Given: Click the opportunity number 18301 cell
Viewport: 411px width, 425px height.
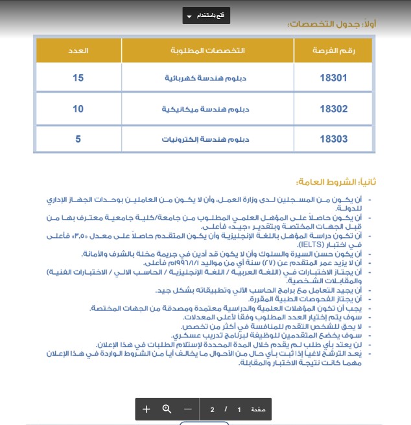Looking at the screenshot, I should (x=333, y=78).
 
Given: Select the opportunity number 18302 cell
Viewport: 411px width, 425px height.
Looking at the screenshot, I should (x=333, y=108).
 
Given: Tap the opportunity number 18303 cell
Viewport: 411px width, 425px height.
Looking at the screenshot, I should (x=333, y=139).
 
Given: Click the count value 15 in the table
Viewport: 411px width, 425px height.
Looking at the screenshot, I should (x=78, y=78).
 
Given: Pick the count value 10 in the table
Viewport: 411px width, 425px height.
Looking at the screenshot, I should (x=78, y=108).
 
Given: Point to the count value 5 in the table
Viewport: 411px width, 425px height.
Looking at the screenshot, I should (x=78, y=139).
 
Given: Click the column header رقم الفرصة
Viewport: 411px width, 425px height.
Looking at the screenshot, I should (x=333, y=51).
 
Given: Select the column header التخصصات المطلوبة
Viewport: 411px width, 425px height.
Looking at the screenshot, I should (x=207, y=51).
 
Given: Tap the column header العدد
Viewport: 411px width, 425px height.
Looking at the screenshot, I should (x=78, y=51).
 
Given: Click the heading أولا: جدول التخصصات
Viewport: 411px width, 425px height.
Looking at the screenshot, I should (x=331, y=25).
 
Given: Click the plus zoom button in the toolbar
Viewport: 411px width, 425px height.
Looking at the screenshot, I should (x=147, y=409).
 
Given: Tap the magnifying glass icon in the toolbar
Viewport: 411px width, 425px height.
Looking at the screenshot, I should (x=167, y=409).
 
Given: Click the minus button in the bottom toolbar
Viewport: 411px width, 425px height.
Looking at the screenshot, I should (x=188, y=409).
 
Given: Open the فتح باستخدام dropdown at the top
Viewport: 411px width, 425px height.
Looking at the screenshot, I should (x=206, y=16).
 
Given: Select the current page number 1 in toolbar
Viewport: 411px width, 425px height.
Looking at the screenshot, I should (x=239, y=410).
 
